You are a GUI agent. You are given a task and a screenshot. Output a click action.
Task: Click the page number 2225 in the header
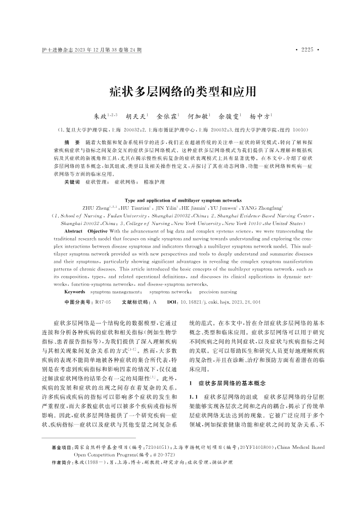click(307, 50)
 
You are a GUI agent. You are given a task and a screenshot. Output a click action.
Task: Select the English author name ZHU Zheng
click(93, 208)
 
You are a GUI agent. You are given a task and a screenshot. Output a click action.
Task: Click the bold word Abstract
click(73, 231)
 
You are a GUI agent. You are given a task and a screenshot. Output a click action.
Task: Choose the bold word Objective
click(98, 231)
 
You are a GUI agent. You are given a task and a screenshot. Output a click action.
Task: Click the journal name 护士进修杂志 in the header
click(56, 50)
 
